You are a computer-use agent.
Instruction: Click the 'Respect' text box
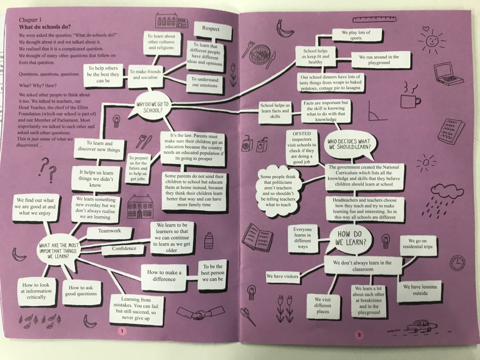pos(210,29)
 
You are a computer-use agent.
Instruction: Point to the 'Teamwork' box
pos(109,231)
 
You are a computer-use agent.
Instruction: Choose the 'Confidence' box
pos(124,248)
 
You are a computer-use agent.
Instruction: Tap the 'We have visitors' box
pos(282,277)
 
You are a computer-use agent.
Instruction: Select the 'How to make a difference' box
pos(161,275)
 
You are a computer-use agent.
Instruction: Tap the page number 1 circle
pos(122,331)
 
